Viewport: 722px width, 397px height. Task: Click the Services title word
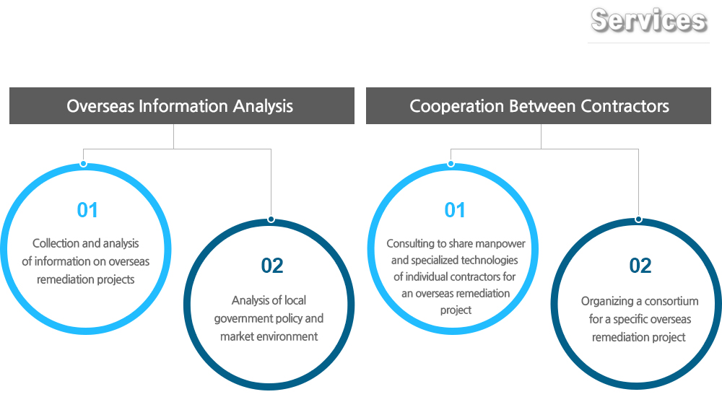click(x=648, y=20)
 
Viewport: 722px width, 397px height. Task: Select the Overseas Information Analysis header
click(x=182, y=106)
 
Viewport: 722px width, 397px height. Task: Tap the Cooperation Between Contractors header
click(x=539, y=106)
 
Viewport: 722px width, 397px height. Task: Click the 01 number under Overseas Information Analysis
click(x=87, y=210)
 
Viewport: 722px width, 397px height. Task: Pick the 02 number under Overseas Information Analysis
click(x=272, y=266)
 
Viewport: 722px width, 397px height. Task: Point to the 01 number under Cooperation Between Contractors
click(x=455, y=210)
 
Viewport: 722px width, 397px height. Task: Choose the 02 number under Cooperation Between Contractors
click(x=640, y=266)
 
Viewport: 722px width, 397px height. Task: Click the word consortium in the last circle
click(x=671, y=301)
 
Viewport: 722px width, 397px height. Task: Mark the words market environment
click(x=269, y=336)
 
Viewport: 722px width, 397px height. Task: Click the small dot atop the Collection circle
click(x=83, y=164)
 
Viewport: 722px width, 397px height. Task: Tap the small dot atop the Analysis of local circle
click(x=271, y=219)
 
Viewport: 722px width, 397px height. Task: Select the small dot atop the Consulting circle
click(x=451, y=164)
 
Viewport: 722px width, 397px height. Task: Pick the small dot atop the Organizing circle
click(x=638, y=219)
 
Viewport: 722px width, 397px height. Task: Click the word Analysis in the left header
click(x=263, y=106)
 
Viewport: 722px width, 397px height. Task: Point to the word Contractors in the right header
click(x=625, y=106)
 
